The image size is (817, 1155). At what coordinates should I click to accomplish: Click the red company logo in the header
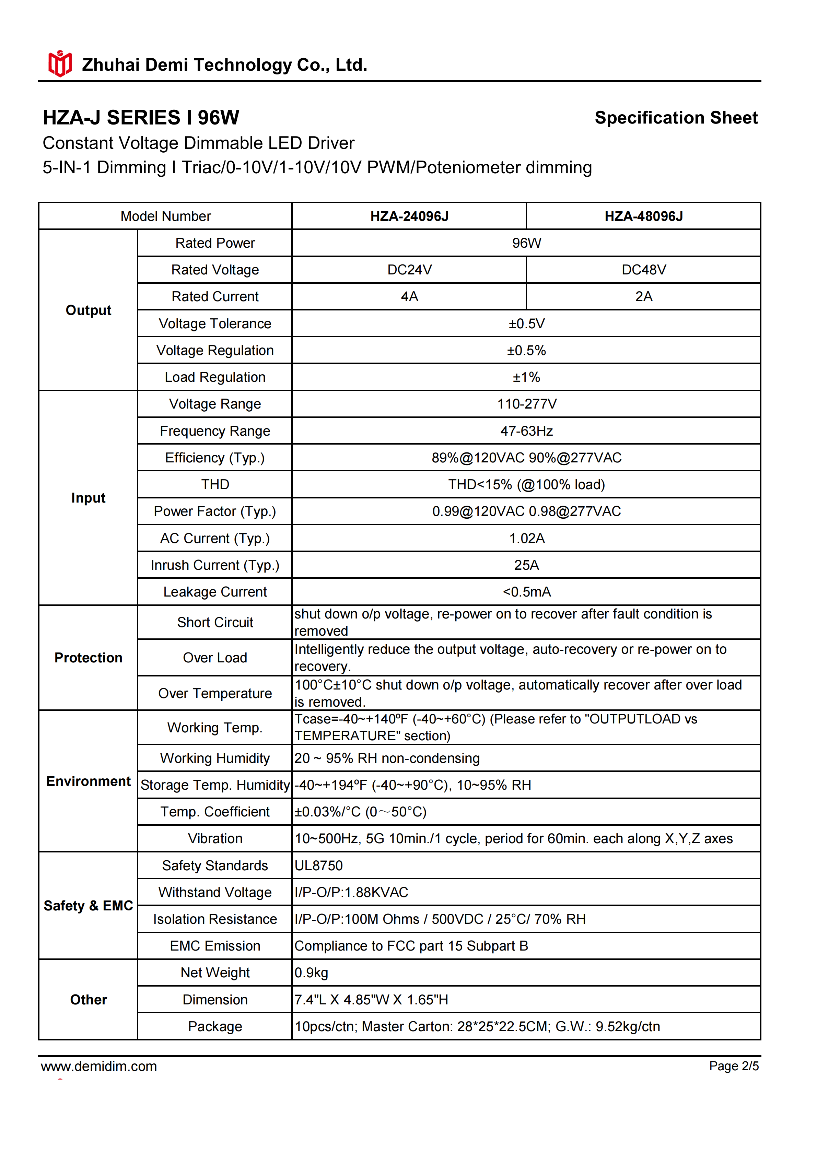60,64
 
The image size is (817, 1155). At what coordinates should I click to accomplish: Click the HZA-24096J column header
409,216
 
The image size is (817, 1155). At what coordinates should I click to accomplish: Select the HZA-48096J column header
643,216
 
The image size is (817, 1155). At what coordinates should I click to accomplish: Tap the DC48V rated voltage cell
643,270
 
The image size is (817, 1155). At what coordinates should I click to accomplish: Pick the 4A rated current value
409,296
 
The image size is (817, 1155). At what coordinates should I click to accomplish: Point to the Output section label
88,310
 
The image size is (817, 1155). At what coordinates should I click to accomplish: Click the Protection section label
88,658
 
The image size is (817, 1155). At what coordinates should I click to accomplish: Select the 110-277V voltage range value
526,404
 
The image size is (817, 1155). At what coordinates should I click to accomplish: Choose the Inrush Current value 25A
526,565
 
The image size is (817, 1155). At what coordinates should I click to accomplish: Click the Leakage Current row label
215,592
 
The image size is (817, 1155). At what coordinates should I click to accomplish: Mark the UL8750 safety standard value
318,865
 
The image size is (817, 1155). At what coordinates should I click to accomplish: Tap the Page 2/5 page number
734,1066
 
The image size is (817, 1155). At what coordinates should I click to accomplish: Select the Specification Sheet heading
676,118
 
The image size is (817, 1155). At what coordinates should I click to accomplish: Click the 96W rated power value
526,243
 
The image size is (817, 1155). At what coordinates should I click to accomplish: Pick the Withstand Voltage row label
215,892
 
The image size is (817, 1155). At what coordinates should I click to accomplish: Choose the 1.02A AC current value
526,538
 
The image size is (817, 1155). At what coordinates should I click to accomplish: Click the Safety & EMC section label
88,906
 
